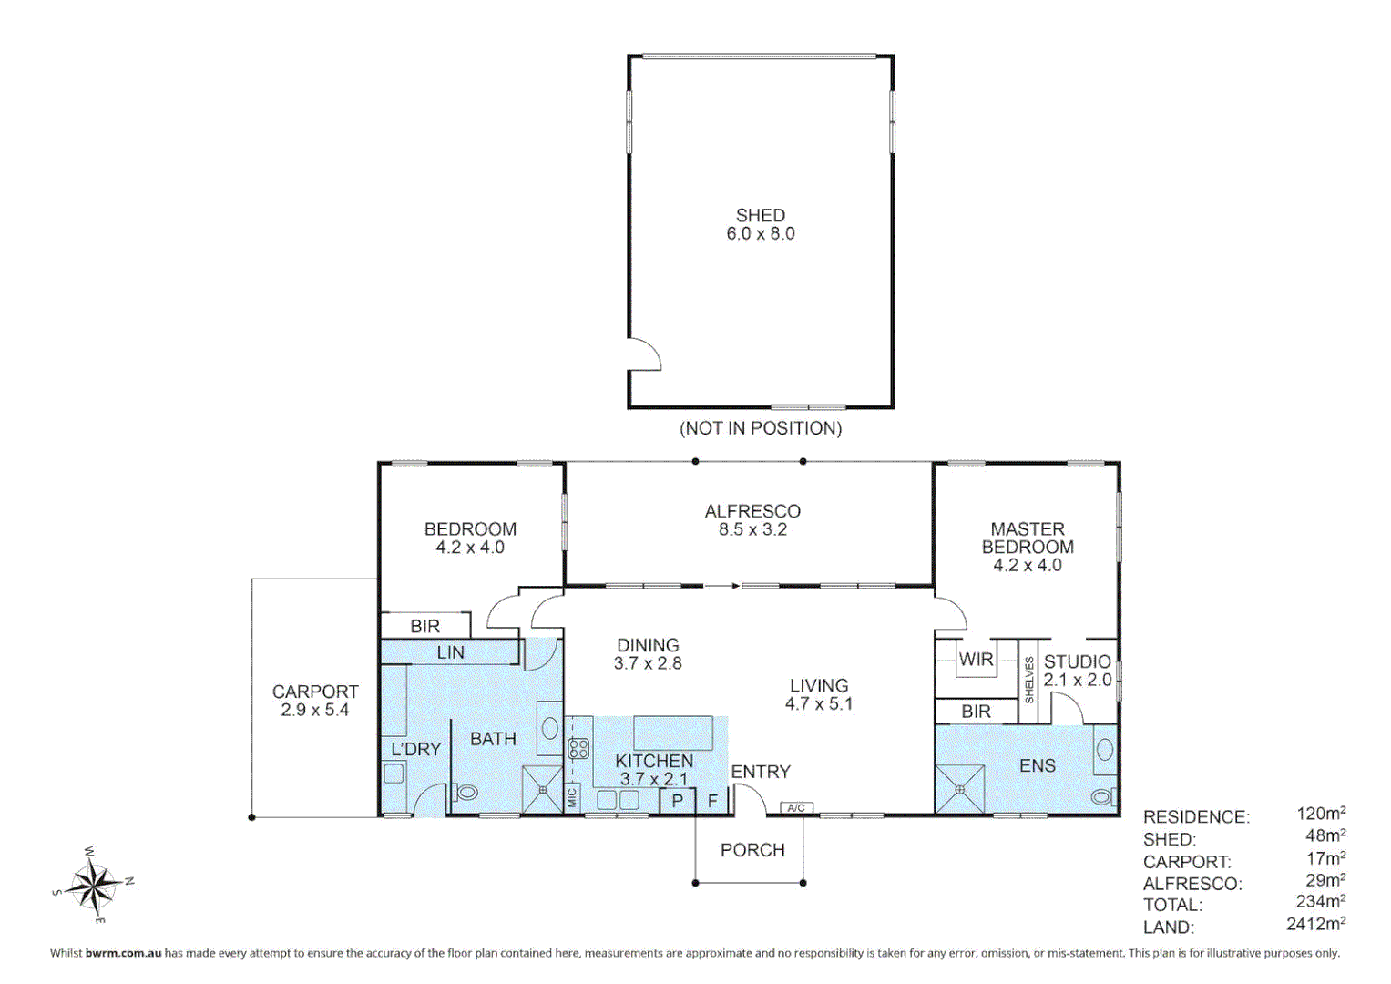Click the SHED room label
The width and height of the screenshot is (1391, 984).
(x=760, y=216)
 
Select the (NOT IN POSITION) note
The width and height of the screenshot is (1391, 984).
(x=761, y=428)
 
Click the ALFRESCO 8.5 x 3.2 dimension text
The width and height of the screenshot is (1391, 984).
(x=752, y=529)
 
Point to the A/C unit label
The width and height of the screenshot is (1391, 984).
(x=795, y=808)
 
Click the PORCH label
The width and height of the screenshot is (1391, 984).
(x=752, y=850)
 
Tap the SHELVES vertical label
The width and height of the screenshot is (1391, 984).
(x=1029, y=680)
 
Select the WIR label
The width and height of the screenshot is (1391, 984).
(x=976, y=659)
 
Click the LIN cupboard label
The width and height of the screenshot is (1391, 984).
(x=450, y=652)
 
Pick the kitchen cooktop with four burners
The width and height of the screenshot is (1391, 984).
(x=578, y=749)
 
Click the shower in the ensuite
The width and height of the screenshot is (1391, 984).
(x=960, y=789)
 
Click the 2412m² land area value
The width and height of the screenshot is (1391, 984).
(x=1315, y=924)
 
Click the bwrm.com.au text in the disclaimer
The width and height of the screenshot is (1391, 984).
(x=123, y=953)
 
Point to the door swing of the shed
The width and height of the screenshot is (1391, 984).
(x=644, y=354)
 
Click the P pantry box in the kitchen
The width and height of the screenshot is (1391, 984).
(x=677, y=801)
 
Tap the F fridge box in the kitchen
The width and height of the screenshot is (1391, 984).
(x=712, y=801)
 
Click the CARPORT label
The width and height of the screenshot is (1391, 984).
(x=315, y=692)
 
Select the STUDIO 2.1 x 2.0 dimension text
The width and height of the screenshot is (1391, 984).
(x=1078, y=680)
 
